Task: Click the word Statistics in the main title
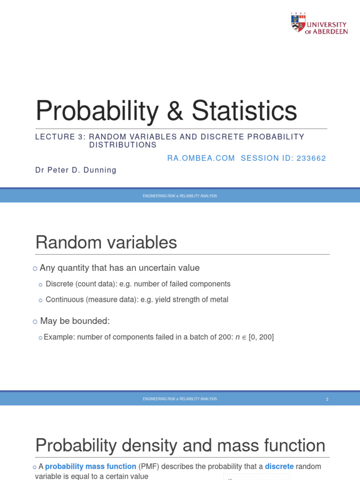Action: tap(244, 111)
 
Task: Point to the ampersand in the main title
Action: tap(176, 112)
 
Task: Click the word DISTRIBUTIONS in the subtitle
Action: tap(123, 145)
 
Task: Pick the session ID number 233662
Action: tap(309, 158)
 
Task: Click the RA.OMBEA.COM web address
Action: tap(201, 158)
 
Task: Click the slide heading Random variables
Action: tap(106, 242)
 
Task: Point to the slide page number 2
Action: tap(327, 399)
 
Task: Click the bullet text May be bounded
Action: tap(75, 321)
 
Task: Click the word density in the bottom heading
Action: tap(161, 445)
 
